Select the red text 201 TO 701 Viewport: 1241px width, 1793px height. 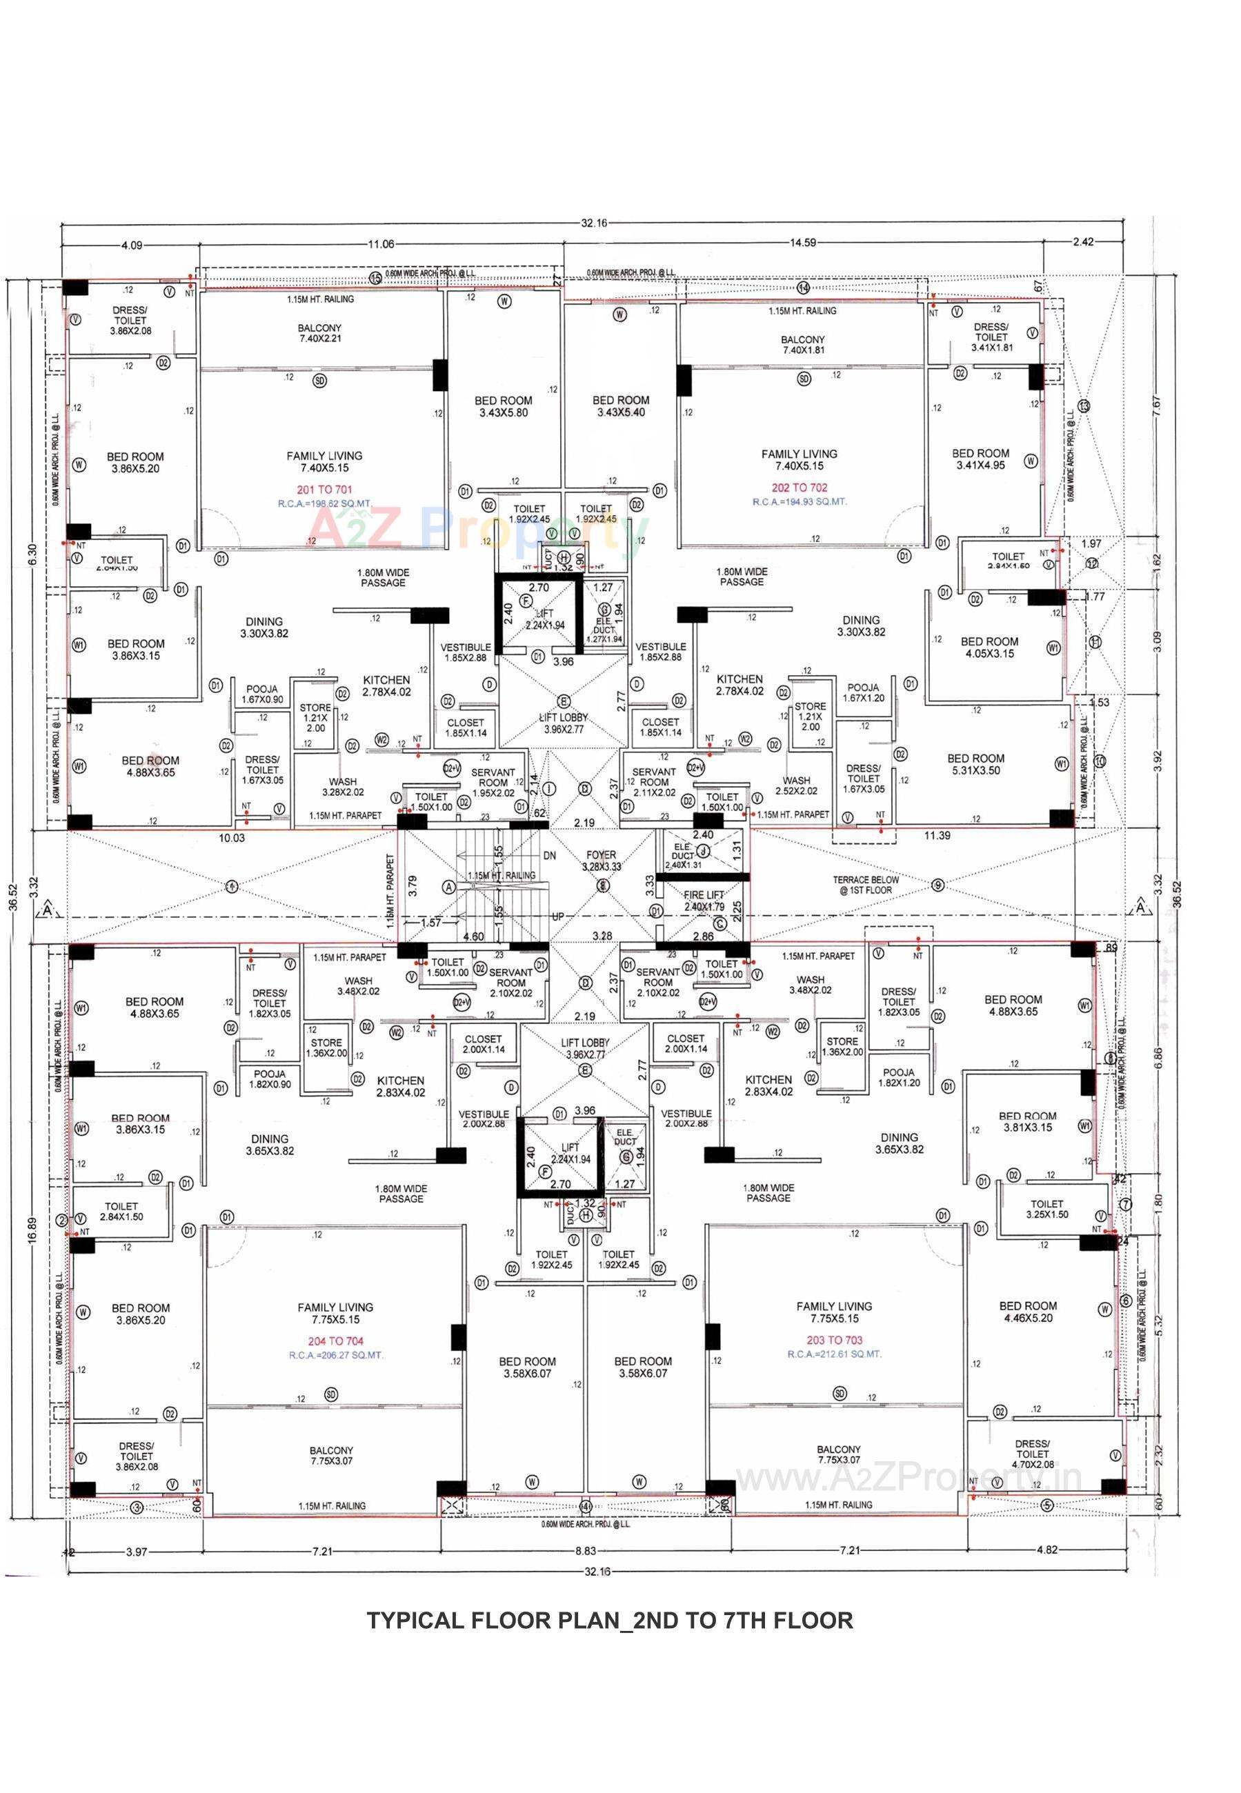(x=324, y=490)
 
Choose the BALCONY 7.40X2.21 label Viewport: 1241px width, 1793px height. (x=319, y=333)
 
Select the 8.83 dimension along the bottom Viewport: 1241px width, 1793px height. (x=585, y=1552)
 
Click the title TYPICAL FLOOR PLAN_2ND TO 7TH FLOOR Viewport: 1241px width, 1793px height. (x=610, y=1621)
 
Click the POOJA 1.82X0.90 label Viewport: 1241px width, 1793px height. (x=269, y=1079)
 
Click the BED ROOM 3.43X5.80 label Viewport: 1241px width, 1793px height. (x=503, y=406)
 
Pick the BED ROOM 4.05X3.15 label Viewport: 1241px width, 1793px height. (x=989, y=648)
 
